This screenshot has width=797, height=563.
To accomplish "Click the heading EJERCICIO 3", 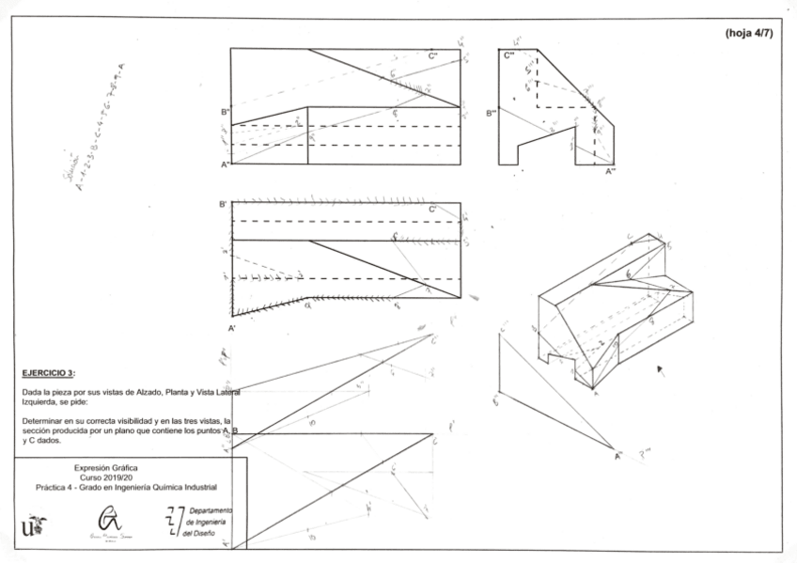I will click(x=47, y=372).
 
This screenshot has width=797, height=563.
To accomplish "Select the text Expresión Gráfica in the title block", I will click(x=105, y=467).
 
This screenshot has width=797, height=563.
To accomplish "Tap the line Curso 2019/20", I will click(x=105, y=477).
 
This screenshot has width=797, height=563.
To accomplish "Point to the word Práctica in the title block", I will click(x=53, y=488).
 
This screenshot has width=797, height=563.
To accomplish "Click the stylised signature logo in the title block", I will click(x=110, y=522).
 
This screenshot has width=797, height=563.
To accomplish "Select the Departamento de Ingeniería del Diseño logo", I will click(x=193, y=521).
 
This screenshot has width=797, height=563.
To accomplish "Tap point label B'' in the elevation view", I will click(x=226, y=112).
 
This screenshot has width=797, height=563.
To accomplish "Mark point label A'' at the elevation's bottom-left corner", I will click(x=226, y=165).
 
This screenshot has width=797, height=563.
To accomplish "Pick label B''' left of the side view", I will click(x=492, y=113).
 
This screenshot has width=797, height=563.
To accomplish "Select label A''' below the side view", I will click(x=611, y=172).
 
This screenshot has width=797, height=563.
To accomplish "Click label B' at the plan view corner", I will click(x=224, y=204).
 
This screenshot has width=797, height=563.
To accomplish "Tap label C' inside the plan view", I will click(x=432, y=210).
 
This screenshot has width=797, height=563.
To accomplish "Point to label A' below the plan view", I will click(x=231, y=328).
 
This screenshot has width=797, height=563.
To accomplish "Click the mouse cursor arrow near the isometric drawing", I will click(x=661, y=369).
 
